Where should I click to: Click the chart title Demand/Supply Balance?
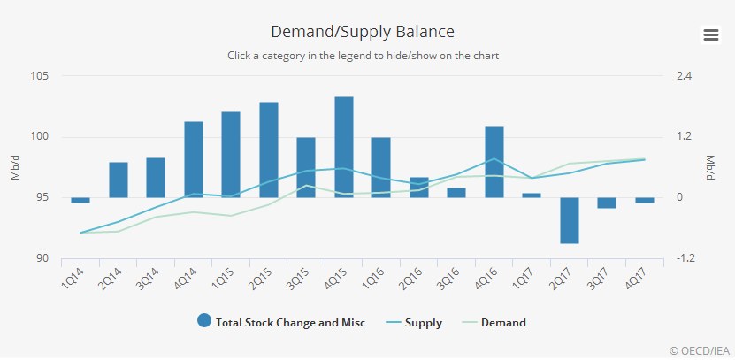click(x=363, y=32)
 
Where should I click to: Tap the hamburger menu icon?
click(x=710, y=34)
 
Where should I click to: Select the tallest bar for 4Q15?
click(x=344, y=147)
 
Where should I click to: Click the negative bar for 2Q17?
click(x=570, y=219)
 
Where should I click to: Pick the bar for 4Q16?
click(x=494, y=162)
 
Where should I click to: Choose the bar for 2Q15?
click(x=269, y=149)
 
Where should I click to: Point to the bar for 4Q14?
click(x=194, y=159)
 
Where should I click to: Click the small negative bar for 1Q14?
click(x=80, y=200)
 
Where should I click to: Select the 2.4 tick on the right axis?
click(x=683, y=76)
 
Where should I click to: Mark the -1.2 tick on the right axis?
click(x=685, y=258)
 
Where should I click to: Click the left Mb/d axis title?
click(x=15, y=167)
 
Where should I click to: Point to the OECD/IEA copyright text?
click(x=700, y=350)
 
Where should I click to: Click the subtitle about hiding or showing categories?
click(x=363, y=56)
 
